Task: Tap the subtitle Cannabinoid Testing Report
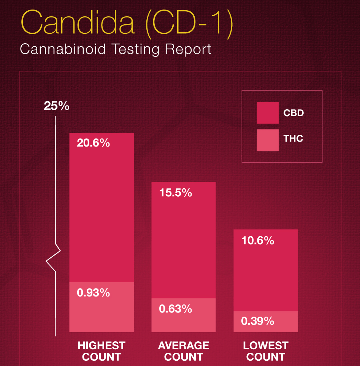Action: tap(116, 49)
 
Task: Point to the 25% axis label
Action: tap(57, 106)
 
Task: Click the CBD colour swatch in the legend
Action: tap(268, 113)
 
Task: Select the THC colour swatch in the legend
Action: tap(268, 140)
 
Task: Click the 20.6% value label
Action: tap(93, 143)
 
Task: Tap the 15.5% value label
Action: tap(175, 192)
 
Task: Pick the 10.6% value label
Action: tap(257, 240)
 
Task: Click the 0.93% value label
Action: tap(93, 293)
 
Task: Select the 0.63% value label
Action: tap(175, 309)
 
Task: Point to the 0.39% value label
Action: tap(257, 321)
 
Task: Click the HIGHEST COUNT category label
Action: tap(101, 351)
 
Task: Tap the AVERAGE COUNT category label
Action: tap(184, 351)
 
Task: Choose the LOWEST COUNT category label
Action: tap(266, 351)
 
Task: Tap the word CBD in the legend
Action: tap(293, 113)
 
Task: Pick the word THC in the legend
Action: tap(293, 138)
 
